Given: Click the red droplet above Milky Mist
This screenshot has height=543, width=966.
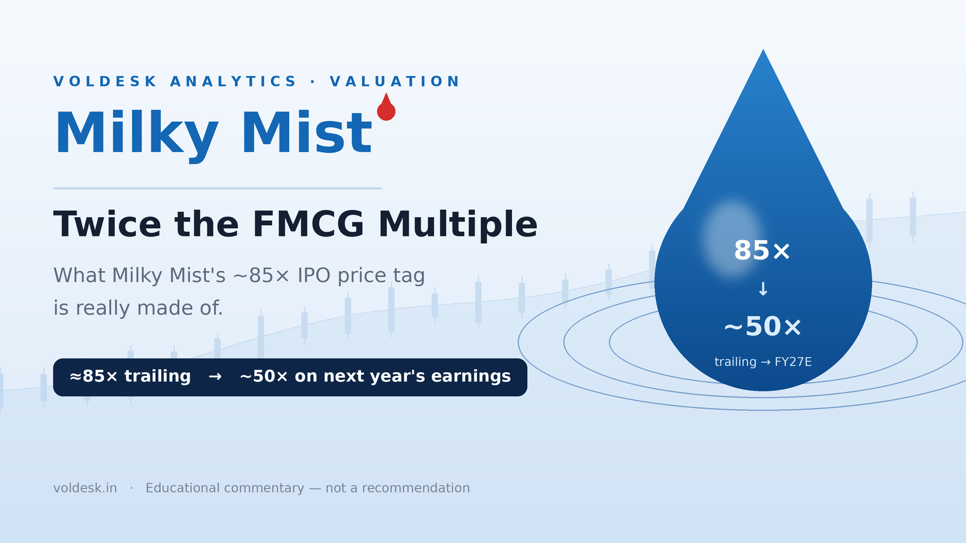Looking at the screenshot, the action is [x=386, y=108].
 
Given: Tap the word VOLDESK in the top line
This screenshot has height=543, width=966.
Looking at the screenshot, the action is [x=105, y=81].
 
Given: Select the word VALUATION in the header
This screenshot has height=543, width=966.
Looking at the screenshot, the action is [x=395, y=81].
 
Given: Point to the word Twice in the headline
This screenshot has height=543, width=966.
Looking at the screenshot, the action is [x=107, y=224].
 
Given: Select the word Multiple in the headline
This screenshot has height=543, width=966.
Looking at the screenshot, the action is [x=458, y=224].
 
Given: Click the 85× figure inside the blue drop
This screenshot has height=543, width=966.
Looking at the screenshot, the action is [x=762, y=250].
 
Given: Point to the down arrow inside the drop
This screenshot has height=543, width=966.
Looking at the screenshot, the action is [x=763, y=289].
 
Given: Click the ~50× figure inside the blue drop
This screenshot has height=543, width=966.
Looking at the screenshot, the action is [x=763, y=326].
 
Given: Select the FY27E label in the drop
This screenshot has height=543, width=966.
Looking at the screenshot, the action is [x=793, y=362].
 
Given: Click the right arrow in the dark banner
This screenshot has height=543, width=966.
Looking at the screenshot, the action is [x=215, y=376].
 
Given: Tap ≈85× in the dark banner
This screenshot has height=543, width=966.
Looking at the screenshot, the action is [x=94, y=376].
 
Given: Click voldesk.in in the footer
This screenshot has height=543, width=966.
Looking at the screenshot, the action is [x=85, y=488].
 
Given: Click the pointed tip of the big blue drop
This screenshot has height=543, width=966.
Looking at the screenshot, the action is [x=763, y=49].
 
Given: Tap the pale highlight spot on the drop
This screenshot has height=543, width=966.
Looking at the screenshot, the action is [x=731, y=238].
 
